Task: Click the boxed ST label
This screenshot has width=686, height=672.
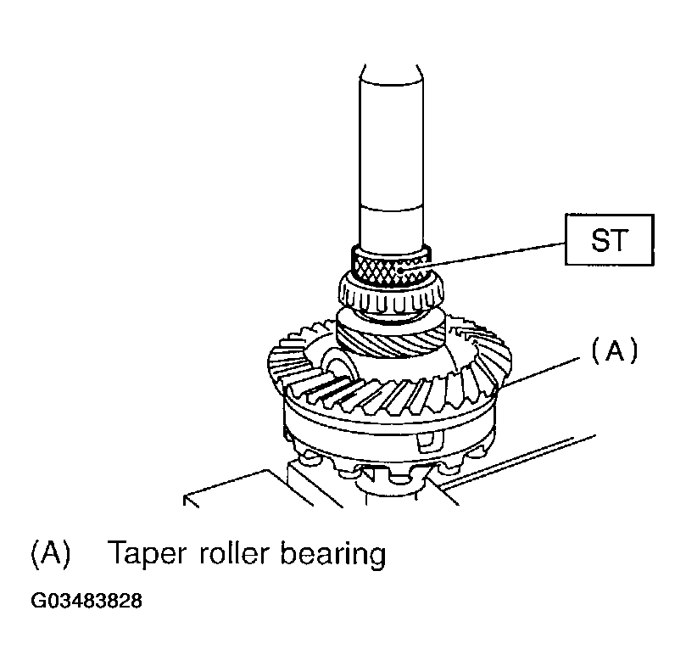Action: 610,239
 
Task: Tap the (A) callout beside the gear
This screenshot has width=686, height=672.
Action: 614,350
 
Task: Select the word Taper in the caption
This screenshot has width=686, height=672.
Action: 147,555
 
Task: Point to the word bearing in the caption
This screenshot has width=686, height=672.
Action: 333,556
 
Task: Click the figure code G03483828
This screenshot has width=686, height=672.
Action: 86,601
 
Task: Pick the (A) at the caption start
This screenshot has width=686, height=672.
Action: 50,555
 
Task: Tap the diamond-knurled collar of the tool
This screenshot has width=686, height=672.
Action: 391,268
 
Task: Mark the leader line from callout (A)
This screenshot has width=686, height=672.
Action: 543,372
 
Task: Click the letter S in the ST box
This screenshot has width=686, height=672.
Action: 600,240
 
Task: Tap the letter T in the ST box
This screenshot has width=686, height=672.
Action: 620,240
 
